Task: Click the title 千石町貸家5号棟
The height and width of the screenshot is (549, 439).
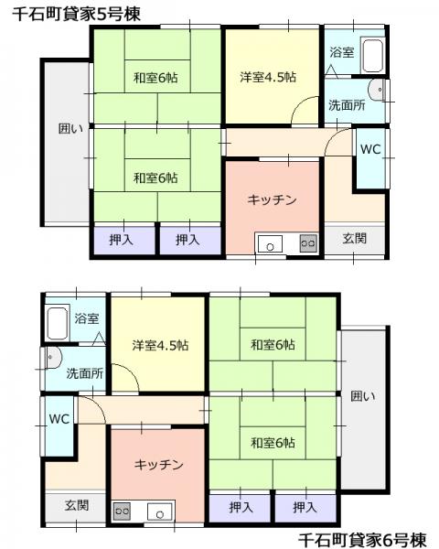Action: click(x=76, y=14)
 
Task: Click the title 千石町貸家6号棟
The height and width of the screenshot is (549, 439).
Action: click(x=363, y=539)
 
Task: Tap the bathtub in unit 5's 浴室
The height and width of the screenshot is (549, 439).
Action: click(x=372, y=56)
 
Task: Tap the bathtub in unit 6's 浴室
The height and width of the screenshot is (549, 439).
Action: click(x=57, y=324)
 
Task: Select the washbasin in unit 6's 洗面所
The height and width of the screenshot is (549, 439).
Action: click(x=53, y=358)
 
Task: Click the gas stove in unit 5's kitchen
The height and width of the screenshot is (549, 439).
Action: click(x=308, y=243)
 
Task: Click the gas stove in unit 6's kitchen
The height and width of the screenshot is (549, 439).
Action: click(x=122, y=511)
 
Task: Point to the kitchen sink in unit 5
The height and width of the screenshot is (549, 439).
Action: click(x=270, y=243)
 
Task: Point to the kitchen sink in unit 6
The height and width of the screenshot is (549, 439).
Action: click(x=160, y=511)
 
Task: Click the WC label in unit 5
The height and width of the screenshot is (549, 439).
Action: click(x=370, y=149)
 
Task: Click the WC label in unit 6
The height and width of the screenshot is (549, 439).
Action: click(x=59, y=419)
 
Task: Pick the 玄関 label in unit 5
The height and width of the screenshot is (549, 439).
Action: click(x=354, y=239)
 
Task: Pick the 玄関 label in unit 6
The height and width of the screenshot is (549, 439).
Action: click(x=77, y=505)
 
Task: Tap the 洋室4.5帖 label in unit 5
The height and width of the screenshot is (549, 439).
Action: click(x=268, y=77)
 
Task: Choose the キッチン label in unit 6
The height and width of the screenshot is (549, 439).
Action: click(x=158, y=465)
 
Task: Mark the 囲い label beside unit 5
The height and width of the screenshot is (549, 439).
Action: click(x=70, y=128)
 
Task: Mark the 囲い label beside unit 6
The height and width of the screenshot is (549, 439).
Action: click(x=363, y=396)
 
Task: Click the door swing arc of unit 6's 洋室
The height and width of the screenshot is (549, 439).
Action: click(x=131, y=371)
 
